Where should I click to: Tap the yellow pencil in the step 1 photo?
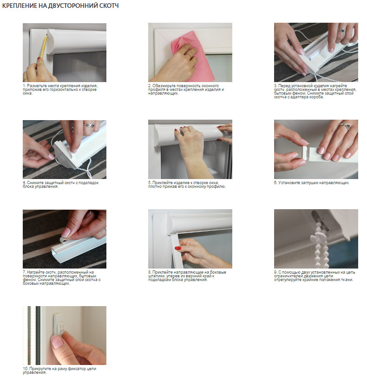pyautogui.click(x=44, y=46)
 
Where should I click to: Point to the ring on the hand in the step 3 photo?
pyautogui.click(x=341, y=30)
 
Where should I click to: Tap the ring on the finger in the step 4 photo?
pyautogui.click(x=89, y=125)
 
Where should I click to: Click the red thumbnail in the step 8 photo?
pyautogui.click(x=178, y=248)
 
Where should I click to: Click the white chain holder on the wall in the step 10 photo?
pyautogui.click(x=59, y=324)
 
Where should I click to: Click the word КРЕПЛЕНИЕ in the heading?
pyautogui.click(x=20, y=6)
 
